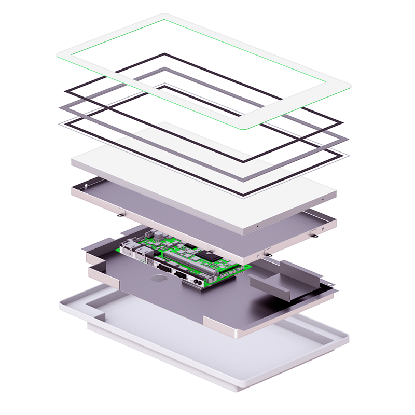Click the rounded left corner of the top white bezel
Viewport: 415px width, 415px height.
(60, 53)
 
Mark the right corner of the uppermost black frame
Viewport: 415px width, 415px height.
(341, 123)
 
